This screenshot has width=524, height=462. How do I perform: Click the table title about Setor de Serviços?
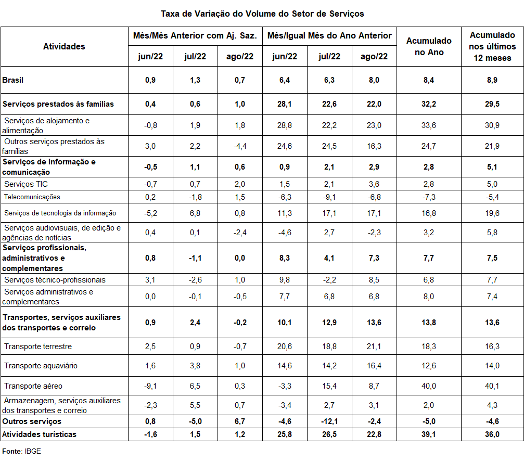tap(262, 13)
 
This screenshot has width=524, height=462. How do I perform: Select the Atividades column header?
tap(64, 46)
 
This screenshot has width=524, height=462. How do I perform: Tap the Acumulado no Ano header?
tap(429, 46)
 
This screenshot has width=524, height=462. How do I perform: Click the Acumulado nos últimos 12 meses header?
tap(492, 46)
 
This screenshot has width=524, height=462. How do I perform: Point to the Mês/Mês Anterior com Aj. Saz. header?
tap(195, 36)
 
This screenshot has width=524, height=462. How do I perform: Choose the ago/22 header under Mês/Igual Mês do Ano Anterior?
tap(374, 56)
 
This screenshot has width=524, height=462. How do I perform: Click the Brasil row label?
tap(13, 80)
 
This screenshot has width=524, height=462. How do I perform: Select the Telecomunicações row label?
tap(32, 197)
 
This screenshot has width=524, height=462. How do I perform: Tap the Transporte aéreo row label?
tap(33, 386)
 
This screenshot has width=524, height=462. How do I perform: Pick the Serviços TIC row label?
tap(26, 184)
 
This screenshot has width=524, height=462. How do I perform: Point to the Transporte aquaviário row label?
tap(41, 365)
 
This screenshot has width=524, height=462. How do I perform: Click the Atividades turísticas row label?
tap(40, 434)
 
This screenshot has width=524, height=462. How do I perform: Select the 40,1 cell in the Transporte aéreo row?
tap(492, 386)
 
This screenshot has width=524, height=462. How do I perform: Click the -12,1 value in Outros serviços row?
tap(329, 421)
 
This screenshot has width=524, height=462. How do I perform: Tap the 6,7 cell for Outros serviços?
tap(240, 421)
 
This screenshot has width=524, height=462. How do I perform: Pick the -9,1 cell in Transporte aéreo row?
tap(150, 386)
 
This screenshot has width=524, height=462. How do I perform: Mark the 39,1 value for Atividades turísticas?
tap(429, 434)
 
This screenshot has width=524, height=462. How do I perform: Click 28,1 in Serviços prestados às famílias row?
tap(285, 104)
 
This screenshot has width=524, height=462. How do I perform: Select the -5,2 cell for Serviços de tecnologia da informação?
tap(150, 213)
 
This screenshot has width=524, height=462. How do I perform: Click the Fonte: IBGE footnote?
tap(21, 451)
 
